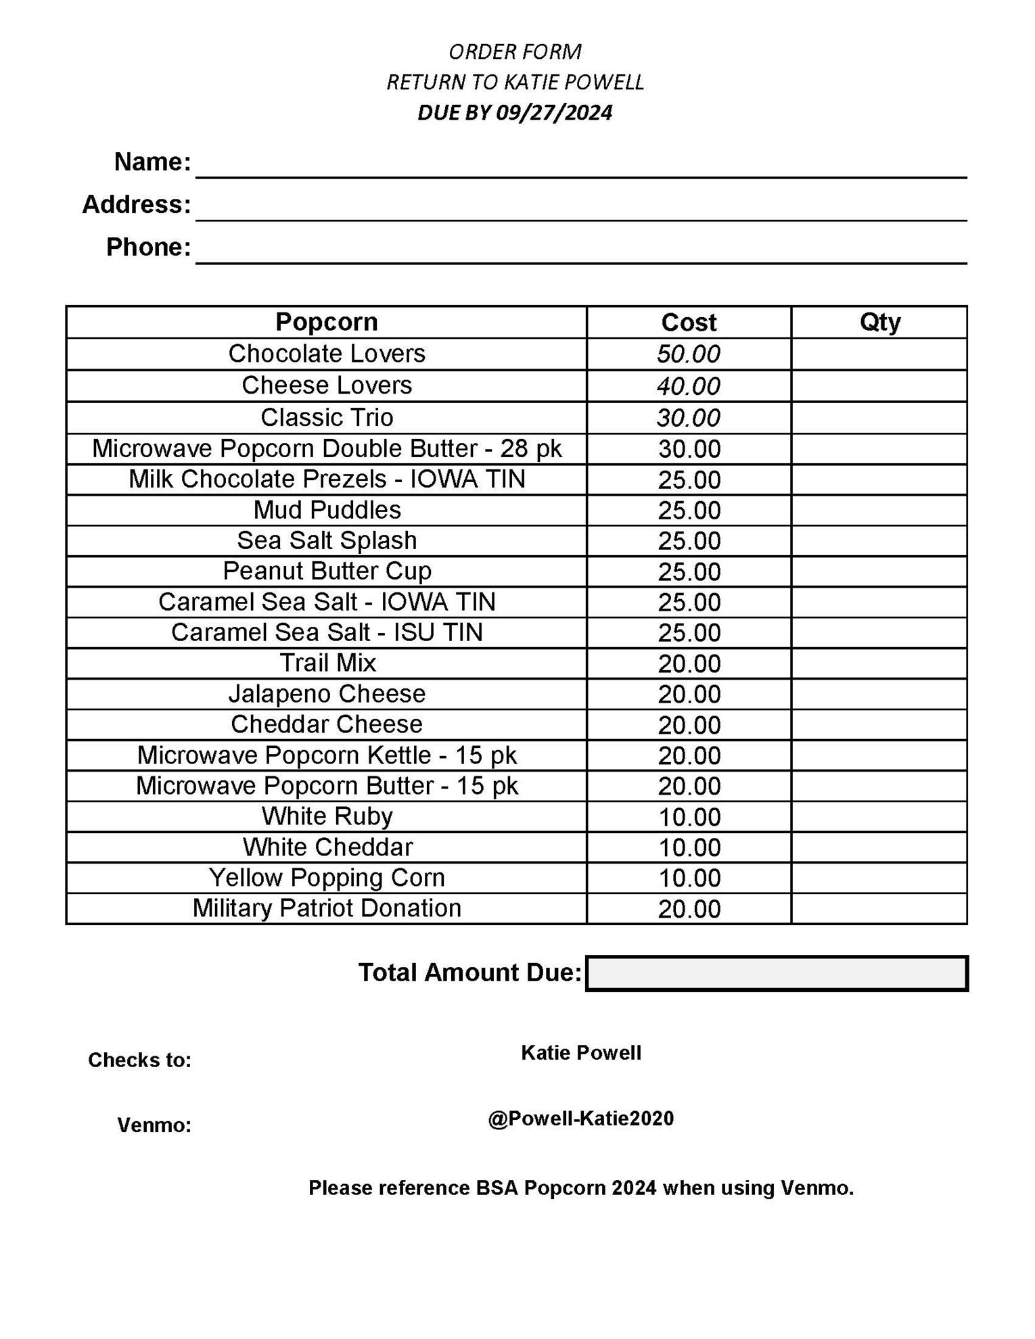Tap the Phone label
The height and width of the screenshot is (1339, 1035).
(x=149, y=248)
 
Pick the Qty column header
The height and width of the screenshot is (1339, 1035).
(x=879, y=322)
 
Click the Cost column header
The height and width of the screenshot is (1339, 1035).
(x=689, y=323)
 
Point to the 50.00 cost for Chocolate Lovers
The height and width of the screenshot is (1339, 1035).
(x=689, y=354)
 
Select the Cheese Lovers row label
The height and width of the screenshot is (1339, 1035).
(x=327, y=385)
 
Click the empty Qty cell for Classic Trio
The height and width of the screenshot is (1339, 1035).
(x=879, y=418)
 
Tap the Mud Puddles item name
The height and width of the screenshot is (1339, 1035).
(x=327, y=510)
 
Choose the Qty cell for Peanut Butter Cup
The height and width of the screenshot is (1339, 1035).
(x=879, y=571)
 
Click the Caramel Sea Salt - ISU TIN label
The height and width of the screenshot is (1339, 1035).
(x=327, y=632)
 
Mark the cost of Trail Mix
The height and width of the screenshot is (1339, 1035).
(x=689, y=663)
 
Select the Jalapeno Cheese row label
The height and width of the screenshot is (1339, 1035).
(x=327, y=694)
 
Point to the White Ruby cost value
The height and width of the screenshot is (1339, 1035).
(x=689, y=817)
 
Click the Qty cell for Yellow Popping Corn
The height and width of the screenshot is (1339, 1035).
(x=879, y=878)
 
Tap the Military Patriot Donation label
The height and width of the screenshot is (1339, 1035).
(x=327, y=908)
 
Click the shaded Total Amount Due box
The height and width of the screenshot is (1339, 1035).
(x=777, y=973)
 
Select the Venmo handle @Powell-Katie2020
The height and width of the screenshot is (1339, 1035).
(x=580, y=1119)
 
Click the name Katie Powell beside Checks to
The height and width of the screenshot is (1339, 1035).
(x=580, y=1053)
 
